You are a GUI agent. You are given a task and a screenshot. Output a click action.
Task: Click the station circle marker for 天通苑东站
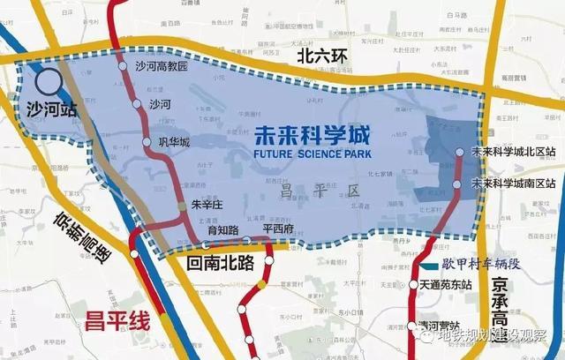click(413, 285)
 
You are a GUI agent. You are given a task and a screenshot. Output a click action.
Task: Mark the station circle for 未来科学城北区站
click(459, 153)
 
